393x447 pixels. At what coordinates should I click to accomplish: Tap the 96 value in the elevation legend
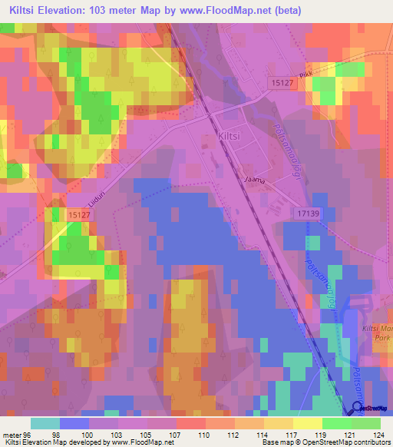(31, 435)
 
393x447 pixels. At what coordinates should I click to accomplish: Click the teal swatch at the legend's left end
(45, 423)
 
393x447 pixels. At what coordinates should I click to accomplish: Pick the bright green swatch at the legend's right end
(366, 423)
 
